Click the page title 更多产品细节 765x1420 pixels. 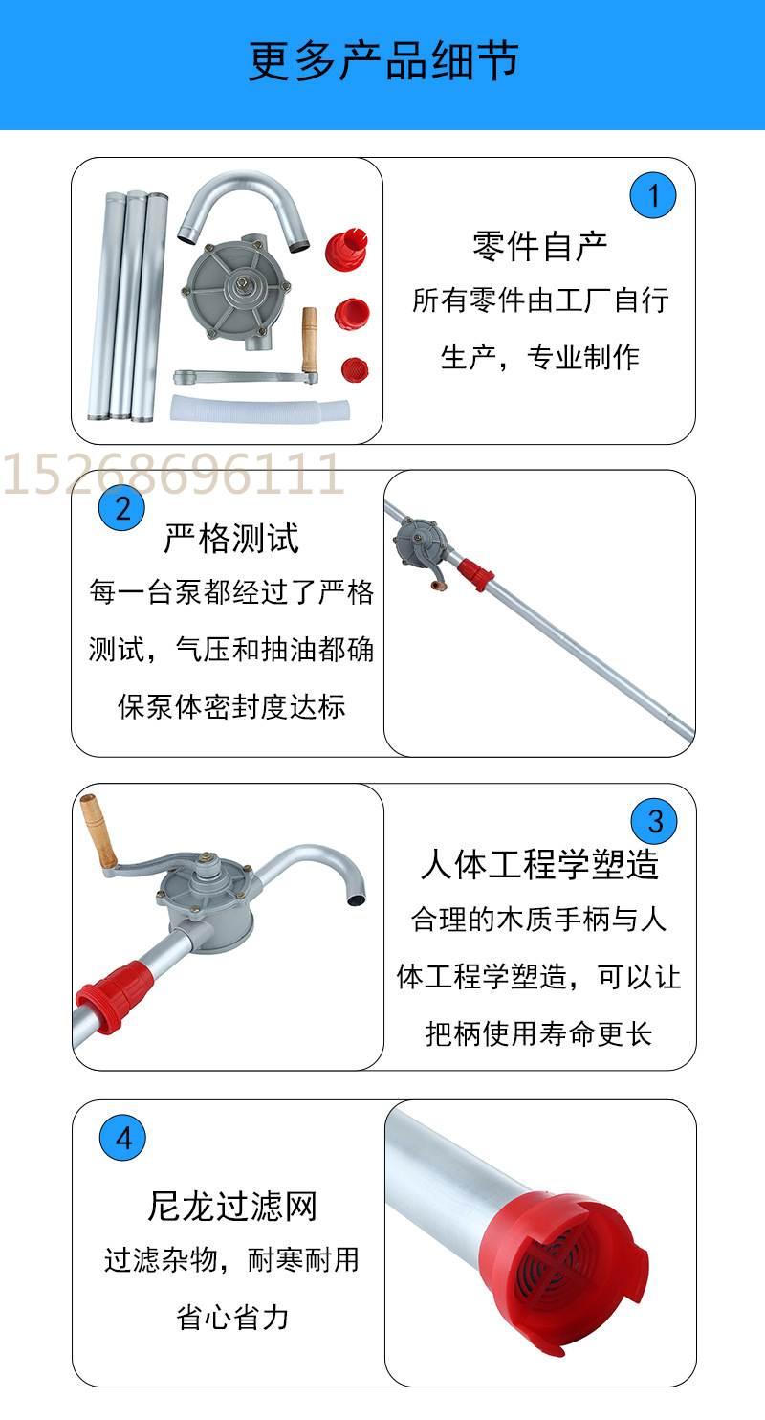pyautogui.click(x=382, y=61)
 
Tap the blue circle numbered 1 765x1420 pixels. pyautogui.click(x=653, y=196)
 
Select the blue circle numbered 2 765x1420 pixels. pyautogui.click(x=122, y=508)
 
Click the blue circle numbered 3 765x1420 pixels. pyautogui.click(x=655, y=821)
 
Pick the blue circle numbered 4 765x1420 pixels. pyautogui.click(x=123, y=1139)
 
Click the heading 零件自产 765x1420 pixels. pyautogui.click(x=540, y=246)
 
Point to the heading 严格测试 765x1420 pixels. pyautogui.click(x=230, y=538)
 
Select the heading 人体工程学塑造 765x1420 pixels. pyautogui.click(x=540, y=864)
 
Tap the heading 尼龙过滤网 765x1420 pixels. pyautogui.click(x=231, y=1207)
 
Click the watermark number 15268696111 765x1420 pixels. pyautogui.click(x=173, y=475)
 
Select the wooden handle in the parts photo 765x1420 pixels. pyautogui.click(x=309, y=340)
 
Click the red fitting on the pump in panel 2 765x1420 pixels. pyautogui.click(x=474, y=573)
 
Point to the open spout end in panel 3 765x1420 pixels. pyautogui.click(x=357, y=899)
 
